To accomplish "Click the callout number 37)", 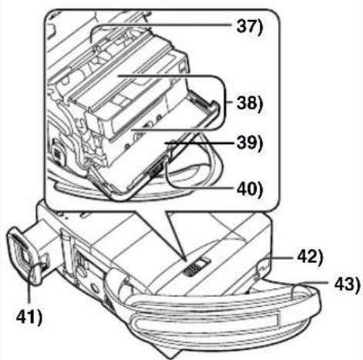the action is click(x=250, y=26).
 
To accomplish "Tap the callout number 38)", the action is click(x=250, y=103).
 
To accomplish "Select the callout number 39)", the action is click(x=250, y=143).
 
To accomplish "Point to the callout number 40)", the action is click(x=250, y=190).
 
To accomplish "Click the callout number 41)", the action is click(x=29, y=317).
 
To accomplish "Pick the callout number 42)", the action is click(x=310, y=257).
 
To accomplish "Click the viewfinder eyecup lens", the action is click(x=23, y=255).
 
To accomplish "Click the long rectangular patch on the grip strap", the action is click(x=206, y=322).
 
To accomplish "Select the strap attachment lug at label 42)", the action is click(x=262, y=268).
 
